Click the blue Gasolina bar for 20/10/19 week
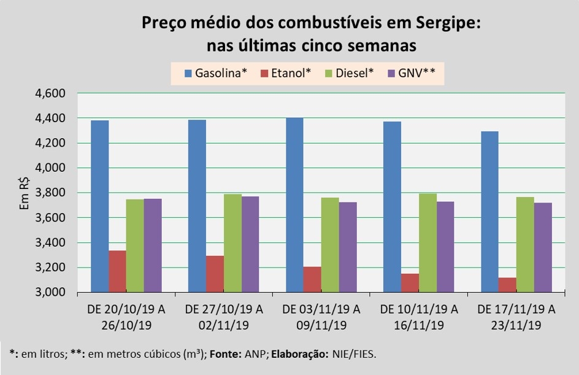pos(99,206)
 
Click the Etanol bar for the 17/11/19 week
pos(507,285)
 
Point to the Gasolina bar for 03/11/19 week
pos(294,205)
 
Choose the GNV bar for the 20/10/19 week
pos(153,245)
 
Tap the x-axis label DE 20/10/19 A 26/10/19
pos(126,316)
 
